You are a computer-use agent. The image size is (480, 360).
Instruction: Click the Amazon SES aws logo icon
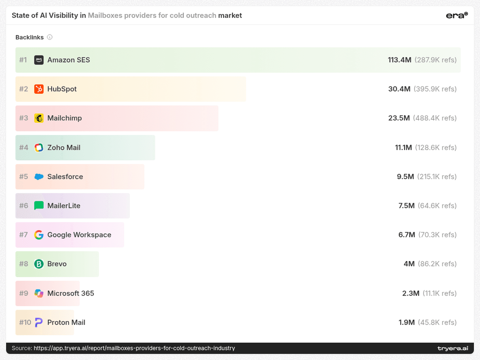click(x=39, y=60)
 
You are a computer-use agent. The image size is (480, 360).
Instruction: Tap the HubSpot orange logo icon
click(x=39, y=89)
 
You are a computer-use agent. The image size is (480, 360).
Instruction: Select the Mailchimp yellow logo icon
click(x=39, y=118)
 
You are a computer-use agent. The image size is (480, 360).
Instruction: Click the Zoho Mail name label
click(x=64, y=148)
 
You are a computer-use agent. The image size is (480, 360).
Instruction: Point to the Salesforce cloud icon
click(x=39, y=177)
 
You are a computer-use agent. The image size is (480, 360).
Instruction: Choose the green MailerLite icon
click(x=39, y=206)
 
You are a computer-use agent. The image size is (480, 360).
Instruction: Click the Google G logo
click(x=39, y=235)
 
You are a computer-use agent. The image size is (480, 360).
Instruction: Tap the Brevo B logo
click(x=39, y=264)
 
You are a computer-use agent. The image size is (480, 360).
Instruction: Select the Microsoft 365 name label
click(x=71, y=293)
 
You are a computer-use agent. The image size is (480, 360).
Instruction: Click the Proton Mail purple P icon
click(x=39, y=322)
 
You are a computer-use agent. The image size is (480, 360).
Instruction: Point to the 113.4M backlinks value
click(x=399, y=60)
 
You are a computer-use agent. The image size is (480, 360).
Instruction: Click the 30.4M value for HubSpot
click(x=399, y=89)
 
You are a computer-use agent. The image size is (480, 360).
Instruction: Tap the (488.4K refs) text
click(x=435, y=118)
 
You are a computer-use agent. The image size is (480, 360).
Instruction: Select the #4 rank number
click(x=24, y=148)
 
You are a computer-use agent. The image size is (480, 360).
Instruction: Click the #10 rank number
click(x=25, y=322)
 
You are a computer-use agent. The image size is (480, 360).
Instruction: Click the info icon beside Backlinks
click(x=50, y=37)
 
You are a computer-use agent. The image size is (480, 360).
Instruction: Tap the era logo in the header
click(x=457, y=15)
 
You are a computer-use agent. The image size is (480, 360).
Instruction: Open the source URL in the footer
click(x=134, y=348)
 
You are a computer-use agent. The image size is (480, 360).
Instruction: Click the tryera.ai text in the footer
click(x=453, y=348)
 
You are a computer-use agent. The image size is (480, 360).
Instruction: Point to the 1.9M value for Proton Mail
click(x=406, y=322)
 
